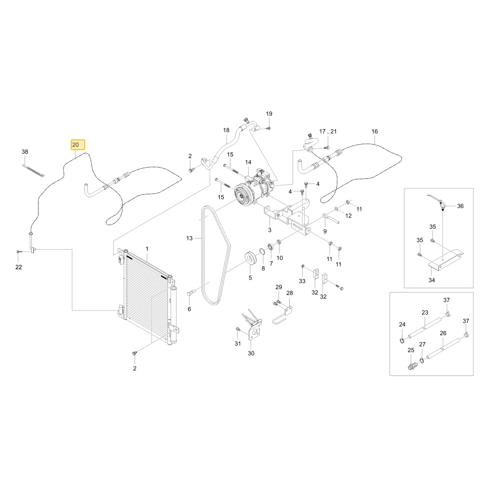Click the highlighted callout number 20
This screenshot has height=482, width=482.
[x=75, y=145]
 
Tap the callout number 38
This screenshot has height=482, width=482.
[x=25, y=151]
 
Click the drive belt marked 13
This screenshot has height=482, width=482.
[x=215, y=255]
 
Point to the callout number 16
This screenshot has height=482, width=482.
[x=375, y=131]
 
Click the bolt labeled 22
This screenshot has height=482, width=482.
[x=19, y=252]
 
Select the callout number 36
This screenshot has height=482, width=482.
[x=460, y=206]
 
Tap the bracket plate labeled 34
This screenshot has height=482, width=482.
[x=446, y=260]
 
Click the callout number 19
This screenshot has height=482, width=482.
[x=269, y=114]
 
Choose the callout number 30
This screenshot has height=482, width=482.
[x=251, y=353]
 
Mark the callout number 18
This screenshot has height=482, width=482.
[x=226, y=130]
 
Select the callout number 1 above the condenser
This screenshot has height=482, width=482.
[x=147, y=249]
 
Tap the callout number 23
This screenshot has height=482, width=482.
[x=425, y=313]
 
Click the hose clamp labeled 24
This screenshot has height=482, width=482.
[x=402, y=340]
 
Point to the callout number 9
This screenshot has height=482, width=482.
[x=325, y=231]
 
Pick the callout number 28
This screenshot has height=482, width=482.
[x=290, y=293]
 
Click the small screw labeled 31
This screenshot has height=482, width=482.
[x=238, y=330]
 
